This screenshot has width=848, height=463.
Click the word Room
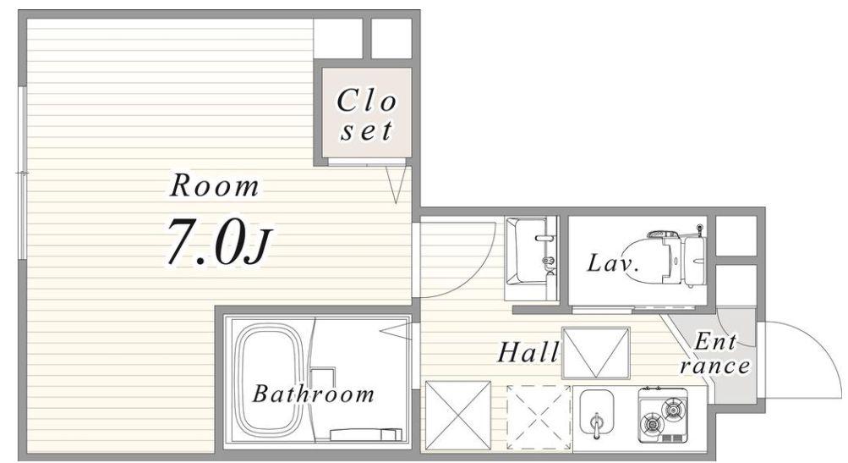point(215,185)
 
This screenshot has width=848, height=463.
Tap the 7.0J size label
point(217,240)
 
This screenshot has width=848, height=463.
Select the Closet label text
point(366,115)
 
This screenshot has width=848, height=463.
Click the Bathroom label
point(313,394)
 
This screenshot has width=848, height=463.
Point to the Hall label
point(528,352)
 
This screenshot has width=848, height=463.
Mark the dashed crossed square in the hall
point(539,417)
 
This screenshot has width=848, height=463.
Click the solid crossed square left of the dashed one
point(458,416)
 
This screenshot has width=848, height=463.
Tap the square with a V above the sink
point(596,352)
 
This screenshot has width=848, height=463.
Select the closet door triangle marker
point(396,185)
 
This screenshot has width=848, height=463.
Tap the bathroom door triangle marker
point(396,330)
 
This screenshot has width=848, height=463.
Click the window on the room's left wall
point(22,172)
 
